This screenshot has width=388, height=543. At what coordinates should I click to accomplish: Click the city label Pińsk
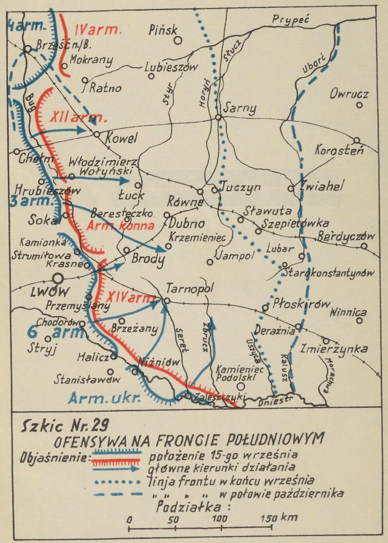[165, 30]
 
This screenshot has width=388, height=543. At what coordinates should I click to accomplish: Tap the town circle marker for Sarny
[218, 117]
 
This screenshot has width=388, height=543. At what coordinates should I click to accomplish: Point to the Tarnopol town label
[189, 289]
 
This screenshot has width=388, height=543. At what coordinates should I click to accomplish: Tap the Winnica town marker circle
[360, 320]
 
